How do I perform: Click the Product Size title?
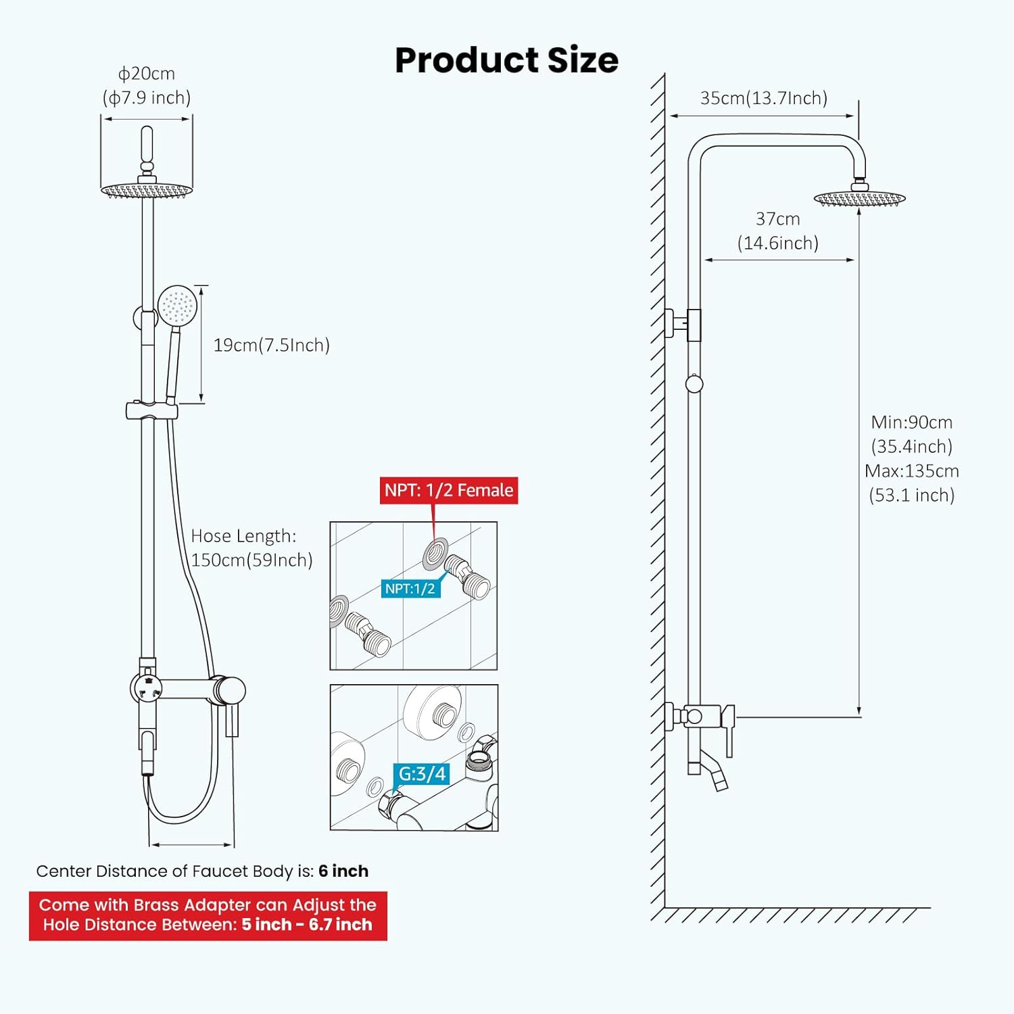coord(506,60)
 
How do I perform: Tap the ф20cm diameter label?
coord(147,74)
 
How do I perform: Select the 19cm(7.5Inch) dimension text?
coord(271,345)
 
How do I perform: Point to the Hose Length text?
coord(243,536)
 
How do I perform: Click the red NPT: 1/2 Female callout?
coord(449,490)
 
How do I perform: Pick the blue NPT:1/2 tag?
coord(410,589)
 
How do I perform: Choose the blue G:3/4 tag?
coord(422,773)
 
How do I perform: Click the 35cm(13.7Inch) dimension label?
coord(764,98)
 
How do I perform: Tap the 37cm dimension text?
coord(777,219)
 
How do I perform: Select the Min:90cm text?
coord(911,422)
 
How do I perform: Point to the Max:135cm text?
coord(911,471)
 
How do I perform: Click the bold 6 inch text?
coord(343,871)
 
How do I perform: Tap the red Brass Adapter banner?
coord(208,915)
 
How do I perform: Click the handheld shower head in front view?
coord(177,306)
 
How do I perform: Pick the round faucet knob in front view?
coord(229,691)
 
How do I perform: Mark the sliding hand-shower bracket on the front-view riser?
coord(152,410)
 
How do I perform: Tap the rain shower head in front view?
coord(147,191)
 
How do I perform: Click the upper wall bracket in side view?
coord(683,324)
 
